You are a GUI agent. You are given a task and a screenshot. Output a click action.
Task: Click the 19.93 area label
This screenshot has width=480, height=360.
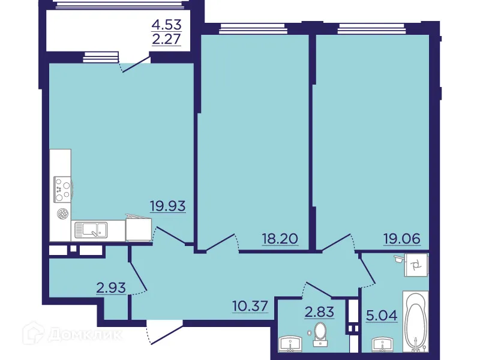click(167, 206)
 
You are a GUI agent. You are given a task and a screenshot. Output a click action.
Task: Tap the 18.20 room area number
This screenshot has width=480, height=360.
click(280, 239)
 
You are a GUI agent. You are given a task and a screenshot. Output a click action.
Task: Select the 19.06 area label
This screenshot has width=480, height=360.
click(402, 239)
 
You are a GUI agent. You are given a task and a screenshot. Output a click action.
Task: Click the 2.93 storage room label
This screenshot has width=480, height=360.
click(111, 287)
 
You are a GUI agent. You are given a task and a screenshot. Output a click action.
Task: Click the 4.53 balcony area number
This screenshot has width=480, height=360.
click(166, 26)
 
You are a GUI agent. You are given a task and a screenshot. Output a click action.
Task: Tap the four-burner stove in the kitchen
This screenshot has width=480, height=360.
click(62, 189)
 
